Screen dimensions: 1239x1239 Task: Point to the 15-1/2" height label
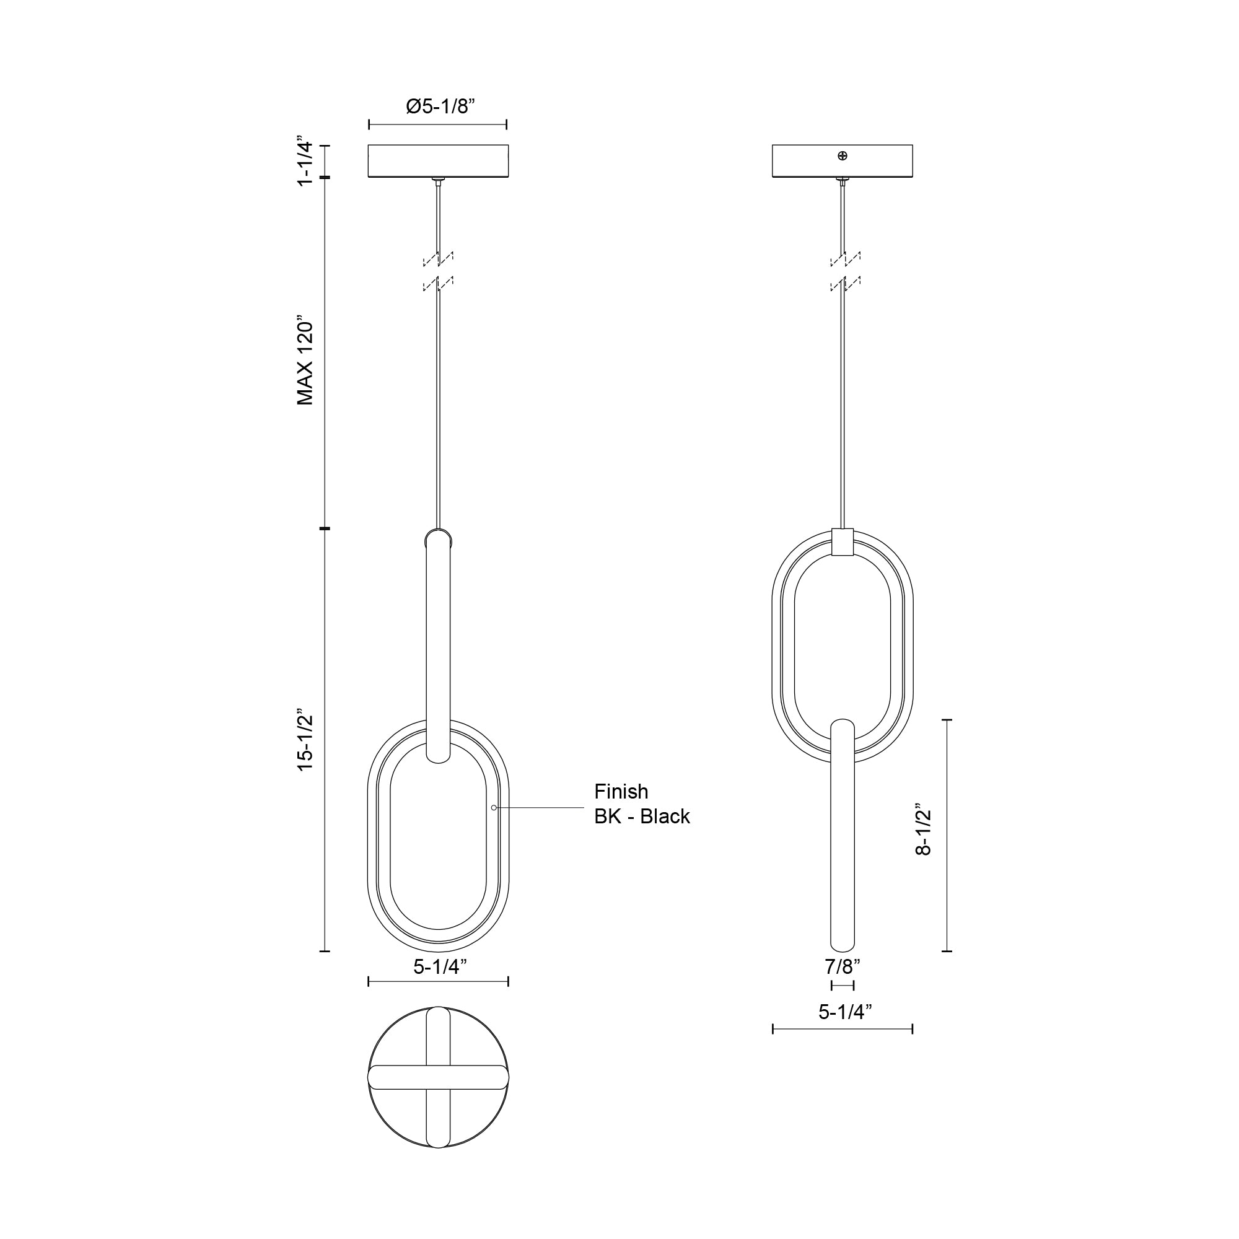305,740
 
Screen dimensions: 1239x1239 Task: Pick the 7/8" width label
842,966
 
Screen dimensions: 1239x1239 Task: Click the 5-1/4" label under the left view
439,966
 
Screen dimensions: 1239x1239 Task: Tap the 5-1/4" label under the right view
844,1012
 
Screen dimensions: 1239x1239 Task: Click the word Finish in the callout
621,791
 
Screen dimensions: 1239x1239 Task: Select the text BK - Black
642,817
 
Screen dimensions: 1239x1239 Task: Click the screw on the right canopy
842,156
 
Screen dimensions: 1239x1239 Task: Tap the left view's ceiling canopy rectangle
438,161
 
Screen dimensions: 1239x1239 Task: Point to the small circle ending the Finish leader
494,807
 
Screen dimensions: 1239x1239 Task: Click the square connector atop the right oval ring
842,543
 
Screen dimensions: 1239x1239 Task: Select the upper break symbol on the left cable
438,258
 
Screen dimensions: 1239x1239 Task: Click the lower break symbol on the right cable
844,284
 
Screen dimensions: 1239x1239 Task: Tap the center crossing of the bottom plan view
438,1077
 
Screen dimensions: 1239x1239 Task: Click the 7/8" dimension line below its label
842,985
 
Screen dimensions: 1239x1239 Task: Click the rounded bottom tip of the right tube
842,947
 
